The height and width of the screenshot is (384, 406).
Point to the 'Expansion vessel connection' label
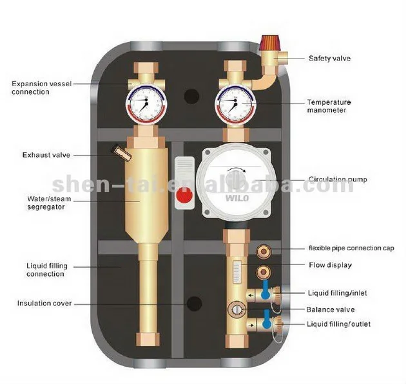click(39, 87)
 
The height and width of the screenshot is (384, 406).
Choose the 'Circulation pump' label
click(338, 179)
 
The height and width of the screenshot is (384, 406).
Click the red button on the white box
click(183, 195)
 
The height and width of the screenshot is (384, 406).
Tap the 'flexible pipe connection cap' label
click(351, 248)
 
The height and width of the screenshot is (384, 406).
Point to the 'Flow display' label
click(329, 264)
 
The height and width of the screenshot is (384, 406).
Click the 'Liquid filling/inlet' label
click(338, 293)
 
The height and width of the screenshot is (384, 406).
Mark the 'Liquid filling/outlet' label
click(339, 324)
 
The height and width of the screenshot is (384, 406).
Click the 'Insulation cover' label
click(44, 303)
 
